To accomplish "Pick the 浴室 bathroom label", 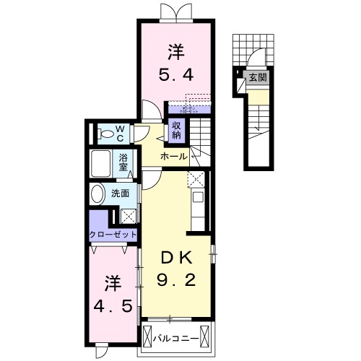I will [x=123, y=162].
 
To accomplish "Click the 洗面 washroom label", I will [x=121, y=193].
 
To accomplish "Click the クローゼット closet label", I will [x=113, y=234].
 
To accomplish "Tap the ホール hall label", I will [x=174, y=156].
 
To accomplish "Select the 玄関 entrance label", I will [x=257, y=78].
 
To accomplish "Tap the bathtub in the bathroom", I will [x=100, y=162].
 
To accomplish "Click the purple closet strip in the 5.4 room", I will [x=189, y=109].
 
